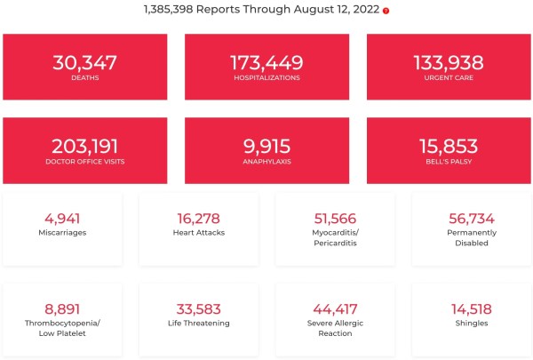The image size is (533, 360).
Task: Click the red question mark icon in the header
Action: click(386, 11)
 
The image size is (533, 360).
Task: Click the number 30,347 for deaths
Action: click(84, 62)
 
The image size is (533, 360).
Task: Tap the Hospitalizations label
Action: click(266, 78)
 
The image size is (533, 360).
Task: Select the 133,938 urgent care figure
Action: click(448, 62)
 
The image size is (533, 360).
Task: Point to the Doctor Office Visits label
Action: click(84, 161)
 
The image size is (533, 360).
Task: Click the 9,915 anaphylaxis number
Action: click(266, 146)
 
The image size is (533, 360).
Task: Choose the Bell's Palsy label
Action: click(448, 161)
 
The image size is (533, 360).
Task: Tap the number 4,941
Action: click(62, 218)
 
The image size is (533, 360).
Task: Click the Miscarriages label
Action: click(62, 233)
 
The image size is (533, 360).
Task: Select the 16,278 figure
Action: click(199, 218)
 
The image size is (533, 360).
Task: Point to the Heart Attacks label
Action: click(199, 233)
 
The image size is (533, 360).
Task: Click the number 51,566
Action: click(335, 218)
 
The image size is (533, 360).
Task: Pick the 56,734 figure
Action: click(472, 218)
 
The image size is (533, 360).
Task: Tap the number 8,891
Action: click(62, 308)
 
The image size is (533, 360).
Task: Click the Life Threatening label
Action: click(199, 324)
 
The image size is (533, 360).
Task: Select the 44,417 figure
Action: click(335, 308)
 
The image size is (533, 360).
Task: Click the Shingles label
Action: click(472, 324)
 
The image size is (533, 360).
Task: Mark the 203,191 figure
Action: click(84, 146)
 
